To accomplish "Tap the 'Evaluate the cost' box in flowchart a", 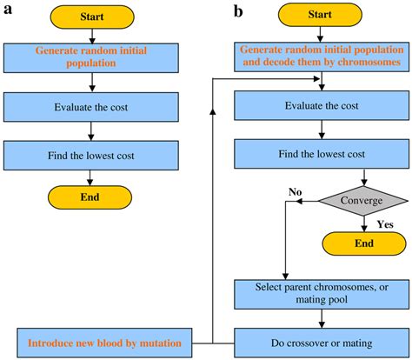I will tap(91, 107).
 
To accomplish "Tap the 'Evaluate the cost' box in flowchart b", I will tap(322, 107).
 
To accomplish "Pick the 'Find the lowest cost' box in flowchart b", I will tap(322, 154).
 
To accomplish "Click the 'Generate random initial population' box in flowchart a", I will tap(91, 58).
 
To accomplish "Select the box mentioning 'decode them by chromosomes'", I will tap(322, 56).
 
